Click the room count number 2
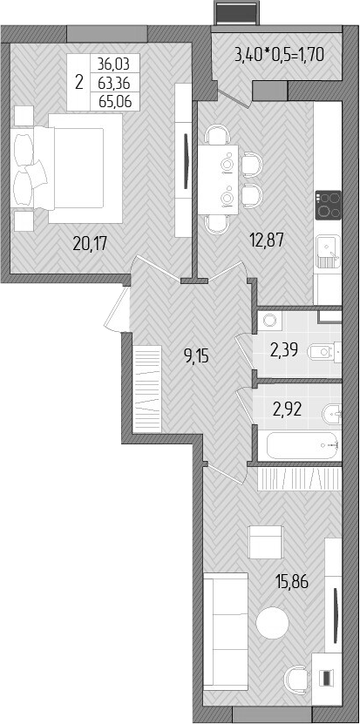point(79,83)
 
